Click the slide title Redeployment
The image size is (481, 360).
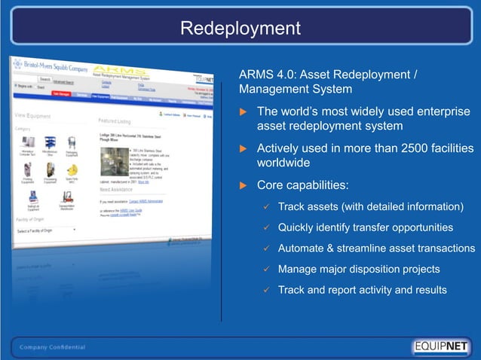point(240,29)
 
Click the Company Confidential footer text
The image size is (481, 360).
point(53,347)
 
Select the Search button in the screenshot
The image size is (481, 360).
point(44,79)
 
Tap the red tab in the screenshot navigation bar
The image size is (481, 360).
point(62,95)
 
